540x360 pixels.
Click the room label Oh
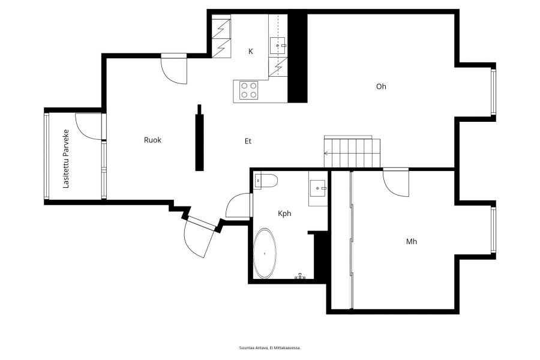pos(381,86)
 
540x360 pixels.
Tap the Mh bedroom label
pos(412,241)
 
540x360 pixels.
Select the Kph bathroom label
pos(284,214)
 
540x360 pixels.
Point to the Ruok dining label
pos(152,140)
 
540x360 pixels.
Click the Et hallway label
pos(248,141)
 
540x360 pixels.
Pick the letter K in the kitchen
pos(251,52)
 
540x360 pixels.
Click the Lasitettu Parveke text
pos(66,159)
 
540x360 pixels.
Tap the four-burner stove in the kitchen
pos(248,90)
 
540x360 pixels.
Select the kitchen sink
pos(278,46)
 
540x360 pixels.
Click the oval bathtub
pos(265,254)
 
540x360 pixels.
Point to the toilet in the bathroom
pos(266,181)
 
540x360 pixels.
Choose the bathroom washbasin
pos(318,188)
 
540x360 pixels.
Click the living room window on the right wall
pos(493,92)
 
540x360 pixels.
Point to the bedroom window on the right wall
pos(493,230)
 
